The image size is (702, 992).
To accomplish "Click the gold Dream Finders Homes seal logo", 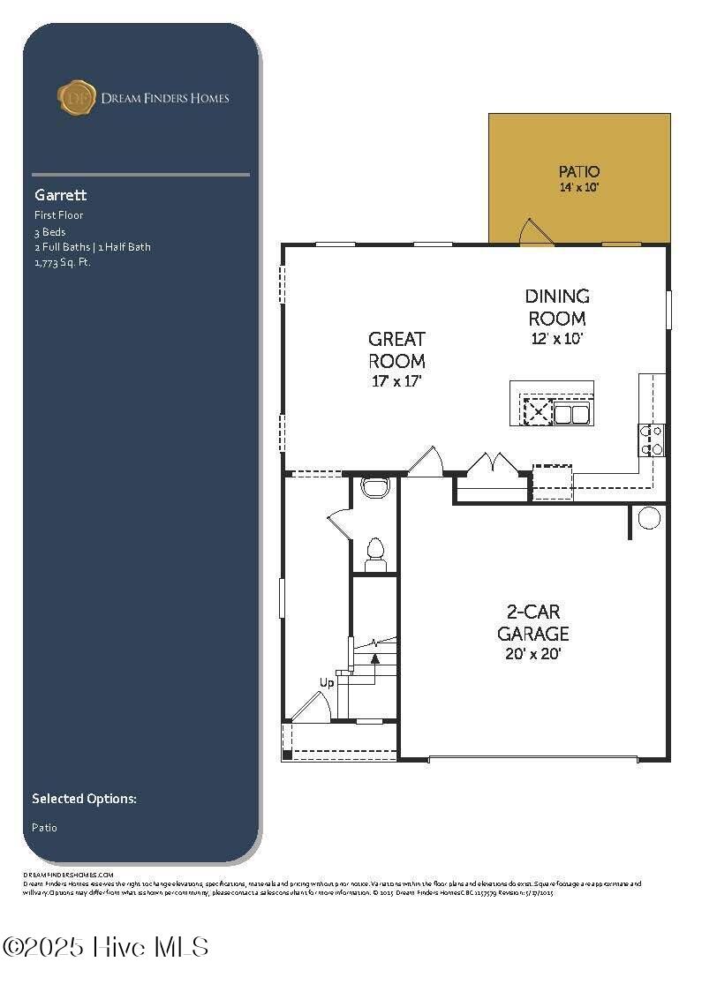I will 76,97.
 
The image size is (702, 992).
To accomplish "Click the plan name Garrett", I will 60,195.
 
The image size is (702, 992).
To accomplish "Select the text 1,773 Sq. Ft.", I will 62,262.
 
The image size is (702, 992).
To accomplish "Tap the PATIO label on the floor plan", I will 579,171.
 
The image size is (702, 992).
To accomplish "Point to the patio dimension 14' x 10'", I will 579,188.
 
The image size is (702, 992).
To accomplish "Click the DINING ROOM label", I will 556,307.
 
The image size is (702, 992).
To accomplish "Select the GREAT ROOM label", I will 396,349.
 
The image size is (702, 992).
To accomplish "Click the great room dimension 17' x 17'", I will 396,382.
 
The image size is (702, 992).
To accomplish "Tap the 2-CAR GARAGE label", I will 532,622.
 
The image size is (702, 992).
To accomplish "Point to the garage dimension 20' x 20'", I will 532,654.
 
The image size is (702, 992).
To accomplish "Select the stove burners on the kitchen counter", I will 653,440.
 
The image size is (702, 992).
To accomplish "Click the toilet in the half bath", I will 375,552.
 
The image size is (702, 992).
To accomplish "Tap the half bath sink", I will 375,487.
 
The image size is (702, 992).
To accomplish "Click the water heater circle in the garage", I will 649,517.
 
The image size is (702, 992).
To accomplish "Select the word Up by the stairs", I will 327,682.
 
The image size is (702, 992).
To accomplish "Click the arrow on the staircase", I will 374,658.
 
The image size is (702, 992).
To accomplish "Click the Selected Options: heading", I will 84,799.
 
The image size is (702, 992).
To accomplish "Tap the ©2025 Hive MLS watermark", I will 106,947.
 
